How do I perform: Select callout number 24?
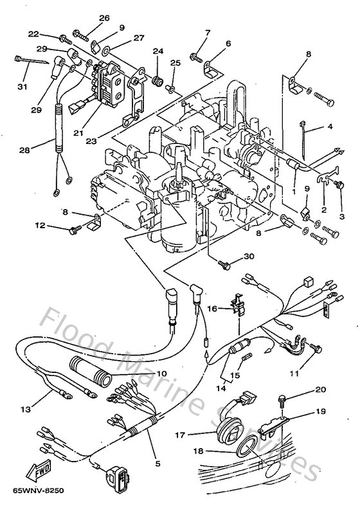pyautogui.click(x=157, y=51)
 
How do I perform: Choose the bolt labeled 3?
pyautogui.click(x=339, y=185)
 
